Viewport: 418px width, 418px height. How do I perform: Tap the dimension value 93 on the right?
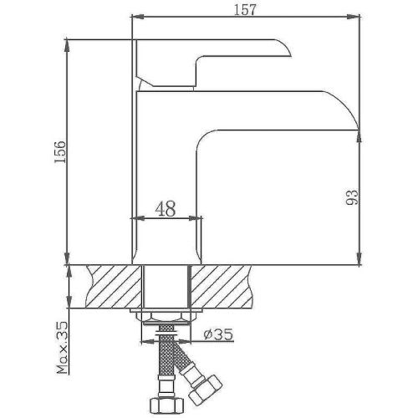pyautogui.click(x=351, y=197)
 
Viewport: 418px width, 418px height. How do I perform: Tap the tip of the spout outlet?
pyautogui.click(x=358, y=128)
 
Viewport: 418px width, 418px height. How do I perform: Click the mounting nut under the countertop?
pyautogui.click(x=167, y=314)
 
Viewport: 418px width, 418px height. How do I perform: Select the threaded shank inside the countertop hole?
pyautogui.click(x=167, y=286)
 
